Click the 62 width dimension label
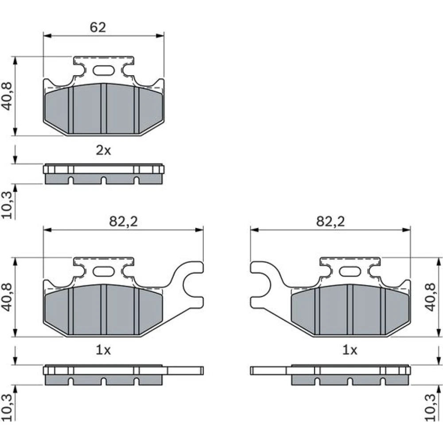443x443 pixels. [x=98, y=27]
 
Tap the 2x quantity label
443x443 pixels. [x=103, y=151]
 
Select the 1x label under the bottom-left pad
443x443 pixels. [x=103, y=350]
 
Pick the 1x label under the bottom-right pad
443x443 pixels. [x=350, y=350]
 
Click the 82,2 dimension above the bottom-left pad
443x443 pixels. [x=124, y=221]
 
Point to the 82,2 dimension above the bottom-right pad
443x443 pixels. [x=330, y=221]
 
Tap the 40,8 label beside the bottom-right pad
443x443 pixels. [x=431, y=297]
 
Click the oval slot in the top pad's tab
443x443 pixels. [x=104, y=70]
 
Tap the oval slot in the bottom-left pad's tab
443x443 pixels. [x=104, y=272]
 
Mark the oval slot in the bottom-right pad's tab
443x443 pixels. [x=350, y=272]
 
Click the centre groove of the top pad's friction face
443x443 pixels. [x=104, y=109]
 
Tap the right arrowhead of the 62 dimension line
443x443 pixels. [x=160, y=36]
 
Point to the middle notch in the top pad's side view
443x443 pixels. [x=104, y=180]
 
